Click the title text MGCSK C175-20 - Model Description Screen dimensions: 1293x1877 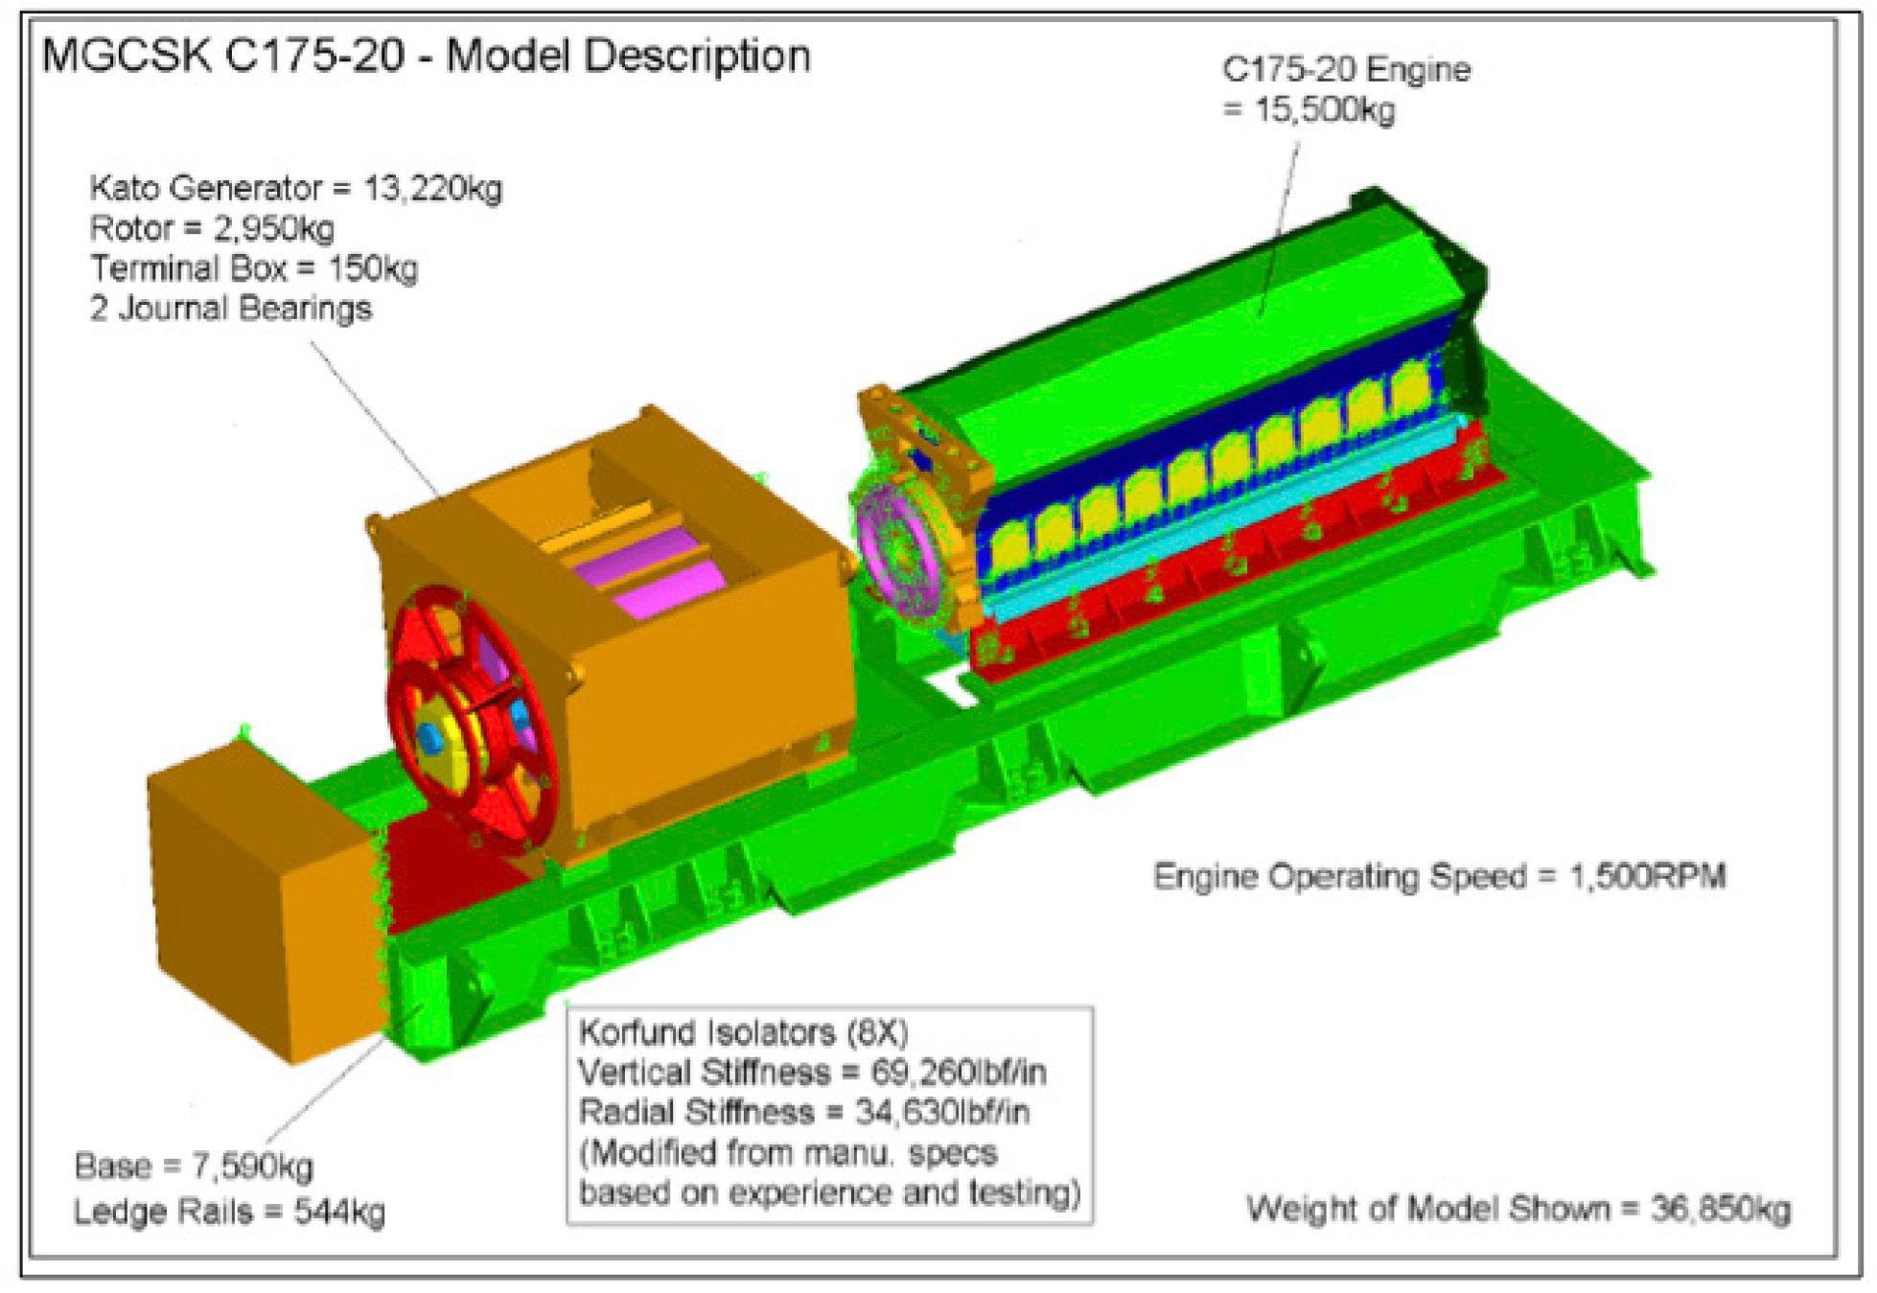coord(426,56)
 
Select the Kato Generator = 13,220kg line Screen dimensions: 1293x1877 coord(295,188)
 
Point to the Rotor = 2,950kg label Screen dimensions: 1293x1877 coord(212,228)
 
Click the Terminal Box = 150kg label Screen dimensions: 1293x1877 coord(254,268)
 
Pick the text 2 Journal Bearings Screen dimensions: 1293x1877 coord(230,309)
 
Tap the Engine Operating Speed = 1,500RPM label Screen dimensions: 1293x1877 coord(1438,876)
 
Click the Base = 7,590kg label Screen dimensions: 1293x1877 coord(194,1166)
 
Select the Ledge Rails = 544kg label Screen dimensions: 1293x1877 coord(229,1212)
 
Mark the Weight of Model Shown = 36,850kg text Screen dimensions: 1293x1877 coord(1518,1209)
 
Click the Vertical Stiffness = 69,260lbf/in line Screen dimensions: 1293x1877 coord(812,1071)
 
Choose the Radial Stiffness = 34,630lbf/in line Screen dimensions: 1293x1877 coord(803,1112)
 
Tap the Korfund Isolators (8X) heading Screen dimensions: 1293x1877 coord(743,1031)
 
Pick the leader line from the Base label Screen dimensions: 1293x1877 coord(326,1093)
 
